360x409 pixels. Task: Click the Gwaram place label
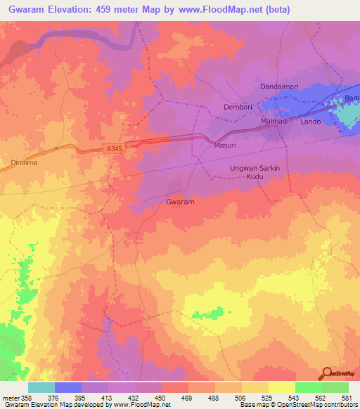180,202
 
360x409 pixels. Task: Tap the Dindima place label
24,162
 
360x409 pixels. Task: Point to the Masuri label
224,145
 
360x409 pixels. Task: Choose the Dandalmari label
281,86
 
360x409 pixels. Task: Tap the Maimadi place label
275,122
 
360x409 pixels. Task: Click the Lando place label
310,122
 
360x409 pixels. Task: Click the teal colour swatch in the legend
41,387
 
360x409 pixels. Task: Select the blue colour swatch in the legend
68,387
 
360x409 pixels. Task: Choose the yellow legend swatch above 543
282,387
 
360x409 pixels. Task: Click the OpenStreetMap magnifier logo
327,373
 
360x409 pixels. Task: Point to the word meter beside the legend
11,397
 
